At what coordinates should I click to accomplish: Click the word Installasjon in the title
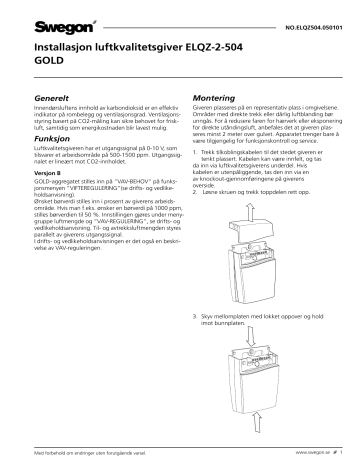coord(66,45)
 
